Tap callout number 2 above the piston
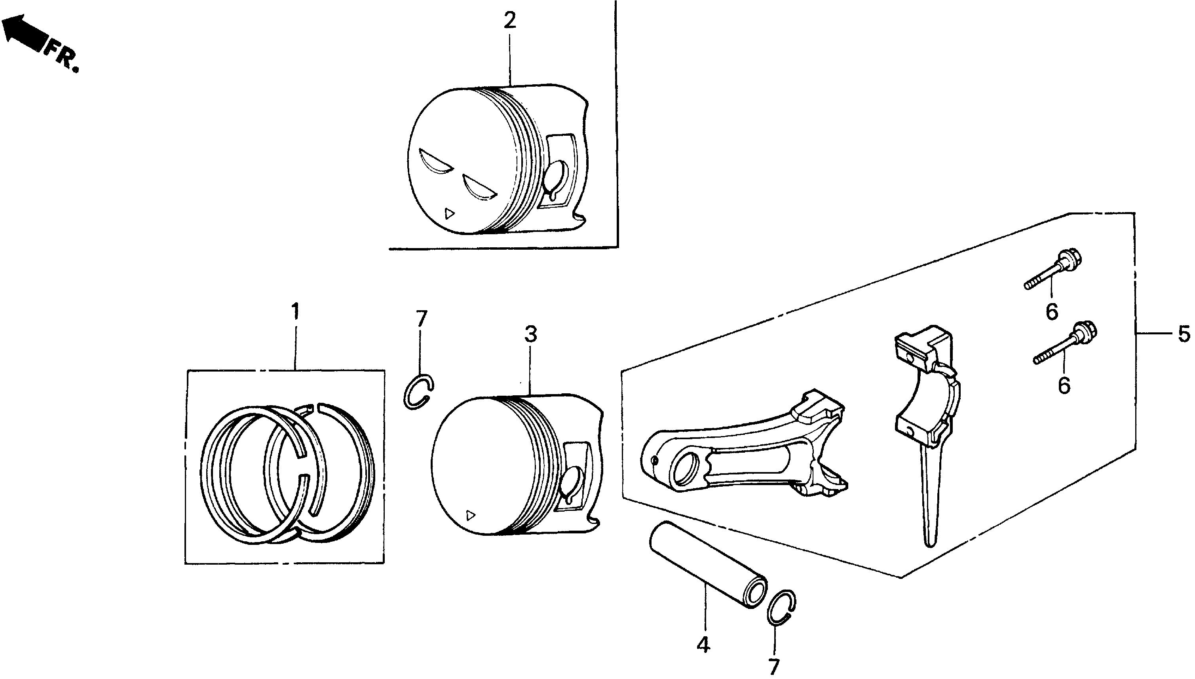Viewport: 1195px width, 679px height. point(510,21)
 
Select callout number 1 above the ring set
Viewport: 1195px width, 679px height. point(295,311)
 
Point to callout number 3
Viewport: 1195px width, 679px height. point(530,334)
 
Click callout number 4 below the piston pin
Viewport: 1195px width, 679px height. point(703,645)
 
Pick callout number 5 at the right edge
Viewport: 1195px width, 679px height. point(1184,334)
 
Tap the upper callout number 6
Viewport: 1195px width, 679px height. point(1052,311)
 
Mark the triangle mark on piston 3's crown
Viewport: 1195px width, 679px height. point(470,515)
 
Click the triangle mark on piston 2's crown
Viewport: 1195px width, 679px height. point(449,214)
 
